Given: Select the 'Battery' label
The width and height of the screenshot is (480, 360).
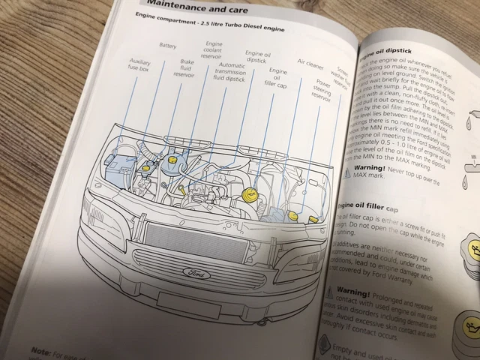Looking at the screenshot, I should [167, 46].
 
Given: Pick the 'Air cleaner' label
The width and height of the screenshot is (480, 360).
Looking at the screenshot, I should [310, 63].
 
